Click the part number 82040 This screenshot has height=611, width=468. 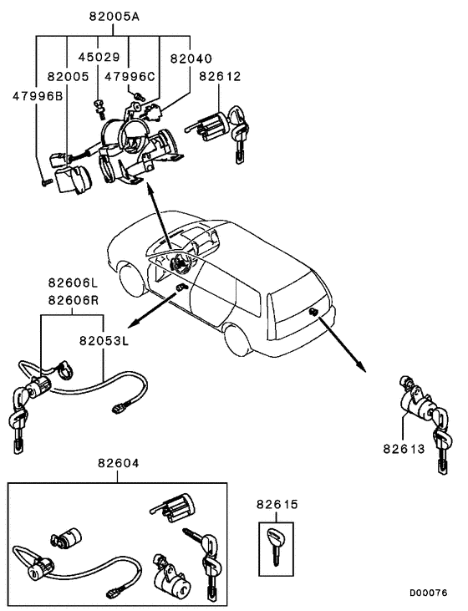click(191, 59)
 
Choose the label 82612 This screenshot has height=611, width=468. click(220, 78)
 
